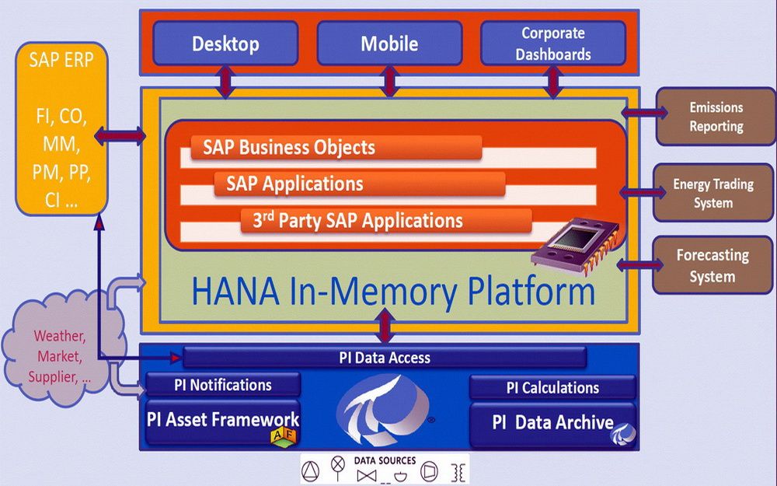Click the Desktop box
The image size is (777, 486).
[225, 43]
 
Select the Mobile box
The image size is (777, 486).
[389, 43]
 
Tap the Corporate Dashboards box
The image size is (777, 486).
[553, 43]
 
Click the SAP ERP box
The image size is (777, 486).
[61, 129]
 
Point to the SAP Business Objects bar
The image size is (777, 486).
[336, 148]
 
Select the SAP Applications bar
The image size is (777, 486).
[359, 184]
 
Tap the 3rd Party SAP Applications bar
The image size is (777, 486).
[385, 220]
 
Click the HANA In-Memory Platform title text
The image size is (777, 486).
[393, 292]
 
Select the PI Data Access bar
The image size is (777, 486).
[385, 358]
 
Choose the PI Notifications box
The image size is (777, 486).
[221, 384]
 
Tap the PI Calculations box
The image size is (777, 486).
[552, 387]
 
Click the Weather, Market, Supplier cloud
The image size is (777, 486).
[62, 357]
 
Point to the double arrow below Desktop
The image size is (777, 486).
[225, 81]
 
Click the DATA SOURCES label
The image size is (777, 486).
[385, 461]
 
